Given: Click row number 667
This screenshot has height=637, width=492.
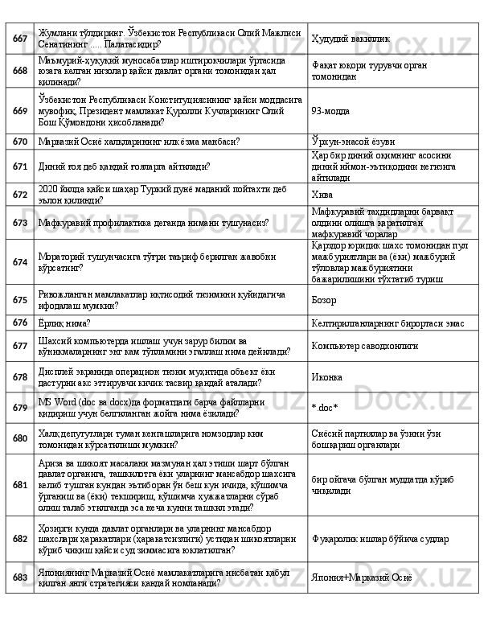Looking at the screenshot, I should (x=18, y=38).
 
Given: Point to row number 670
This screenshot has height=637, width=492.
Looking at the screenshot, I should (x=18, y=142).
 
